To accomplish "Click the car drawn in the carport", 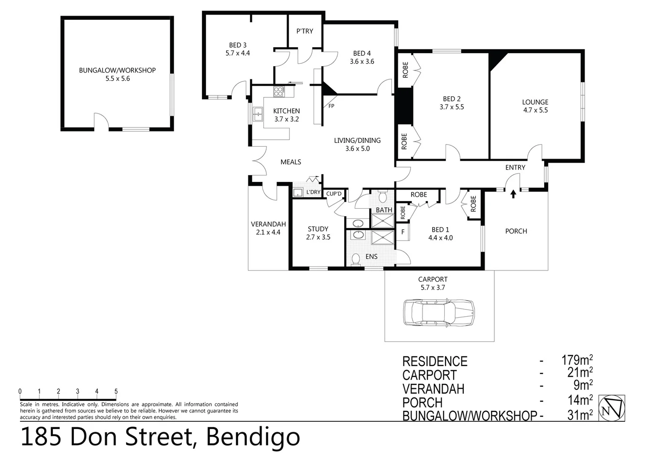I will click(x=439, y=312).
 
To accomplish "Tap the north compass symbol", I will click(x=612, y=408).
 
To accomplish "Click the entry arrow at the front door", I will click(x=513, y=194).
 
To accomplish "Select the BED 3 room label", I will click(x=237, y=45).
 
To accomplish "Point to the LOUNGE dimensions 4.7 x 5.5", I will click(x=535, y=110).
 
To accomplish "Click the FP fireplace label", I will click(x=331, y=106).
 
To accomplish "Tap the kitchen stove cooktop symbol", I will click(x=279, y=91).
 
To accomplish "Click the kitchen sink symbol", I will click(x=258, y=114).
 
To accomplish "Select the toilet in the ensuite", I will click(x=356, y=259).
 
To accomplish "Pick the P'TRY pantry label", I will click(x=305, y=31).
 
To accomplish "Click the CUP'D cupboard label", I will click(x=334, y=194).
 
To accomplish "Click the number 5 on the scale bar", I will click(x=116, y=392).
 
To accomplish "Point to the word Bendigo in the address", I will click(x=253, y=437).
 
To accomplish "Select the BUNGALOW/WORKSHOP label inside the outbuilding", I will click(x=117, y=71).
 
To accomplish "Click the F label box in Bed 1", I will click(x=403, y=232).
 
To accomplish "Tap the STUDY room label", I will click(x=318, y=229).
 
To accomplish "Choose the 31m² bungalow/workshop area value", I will click(x=580, y=415).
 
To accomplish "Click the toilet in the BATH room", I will click(x=383, y=197).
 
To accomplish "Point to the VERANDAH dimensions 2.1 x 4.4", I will click(x=268, y=232).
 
